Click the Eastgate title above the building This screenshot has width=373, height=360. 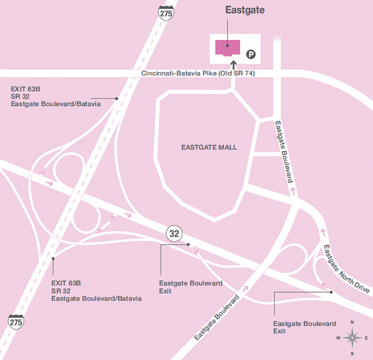[243, 10]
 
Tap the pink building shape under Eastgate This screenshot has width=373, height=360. [227, 48]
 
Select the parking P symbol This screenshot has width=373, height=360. [252, 53]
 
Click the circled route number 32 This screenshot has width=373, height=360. [174, 234]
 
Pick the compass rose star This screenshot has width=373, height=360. [352, 338]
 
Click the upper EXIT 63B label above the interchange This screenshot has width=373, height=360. [56, 96]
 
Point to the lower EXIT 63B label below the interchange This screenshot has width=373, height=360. [96, 291]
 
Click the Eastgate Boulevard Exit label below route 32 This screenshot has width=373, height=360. [191, 287]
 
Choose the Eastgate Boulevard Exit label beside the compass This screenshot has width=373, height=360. [305, 327]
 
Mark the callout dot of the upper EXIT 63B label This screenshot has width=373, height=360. [117, 98]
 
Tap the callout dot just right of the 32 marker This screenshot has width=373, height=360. [188, 244]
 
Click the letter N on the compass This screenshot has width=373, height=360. [352, 322]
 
